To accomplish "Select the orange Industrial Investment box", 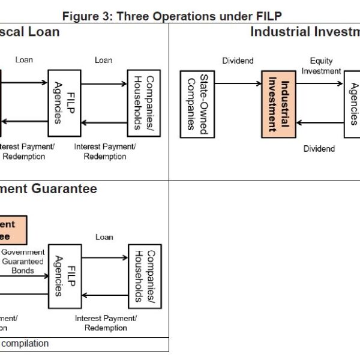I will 277,103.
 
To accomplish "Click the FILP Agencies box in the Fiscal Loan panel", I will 64,103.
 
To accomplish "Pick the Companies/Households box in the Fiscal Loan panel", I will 145,103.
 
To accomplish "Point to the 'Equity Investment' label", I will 321,66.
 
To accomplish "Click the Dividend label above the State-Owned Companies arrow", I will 238,61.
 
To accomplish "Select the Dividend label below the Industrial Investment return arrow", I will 319,148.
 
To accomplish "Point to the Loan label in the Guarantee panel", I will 104,237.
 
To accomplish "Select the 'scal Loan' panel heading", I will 29,32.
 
